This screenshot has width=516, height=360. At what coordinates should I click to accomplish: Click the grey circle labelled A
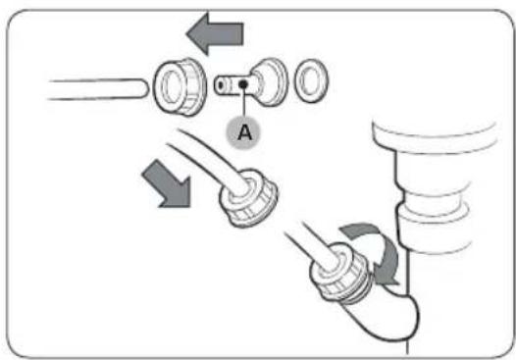click(243, 132)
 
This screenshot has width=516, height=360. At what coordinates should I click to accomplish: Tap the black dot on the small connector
click(243, 84)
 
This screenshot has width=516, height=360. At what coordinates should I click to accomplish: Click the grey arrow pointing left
click(215, 33)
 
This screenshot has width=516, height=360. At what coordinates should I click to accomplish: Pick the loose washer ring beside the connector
click(311, 80)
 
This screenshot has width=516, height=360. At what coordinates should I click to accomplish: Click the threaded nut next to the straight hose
click(181, 87)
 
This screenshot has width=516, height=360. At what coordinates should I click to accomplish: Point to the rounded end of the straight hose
click(142, 89)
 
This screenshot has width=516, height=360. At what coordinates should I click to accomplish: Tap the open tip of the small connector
click(220, 85)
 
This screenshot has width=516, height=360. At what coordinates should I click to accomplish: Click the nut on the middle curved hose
click(249, 198)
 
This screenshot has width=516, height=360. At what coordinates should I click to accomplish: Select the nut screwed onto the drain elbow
click(340, 273)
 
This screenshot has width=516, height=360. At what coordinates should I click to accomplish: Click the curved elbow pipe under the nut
click(385, 313)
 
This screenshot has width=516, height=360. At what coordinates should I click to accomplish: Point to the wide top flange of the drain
click(435, 135)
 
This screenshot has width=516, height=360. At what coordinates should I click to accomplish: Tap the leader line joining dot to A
click(243, 102)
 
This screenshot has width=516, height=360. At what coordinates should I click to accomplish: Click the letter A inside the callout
click(244, 132)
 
